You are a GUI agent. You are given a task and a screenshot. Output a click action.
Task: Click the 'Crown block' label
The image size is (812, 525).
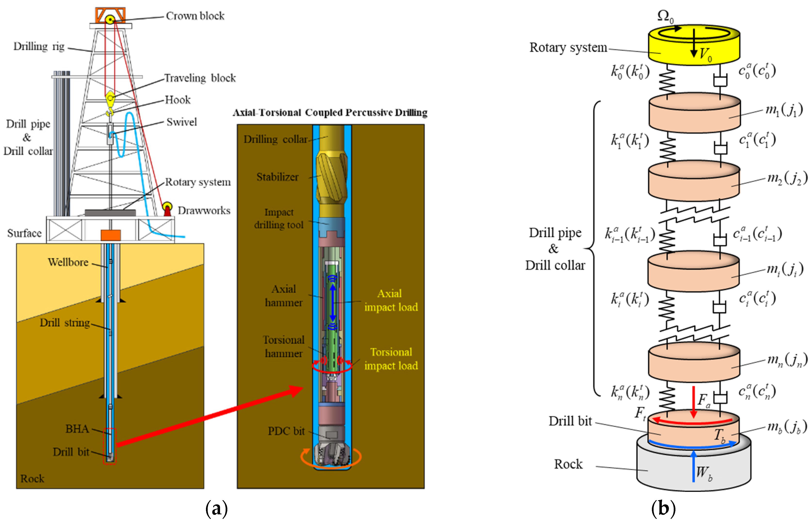click(x=195, y=16)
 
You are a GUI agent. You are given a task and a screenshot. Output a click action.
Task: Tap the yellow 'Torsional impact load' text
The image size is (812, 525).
click(x=391, y=359)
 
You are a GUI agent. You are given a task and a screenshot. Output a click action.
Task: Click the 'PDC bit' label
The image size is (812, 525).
click(x=286, y=431)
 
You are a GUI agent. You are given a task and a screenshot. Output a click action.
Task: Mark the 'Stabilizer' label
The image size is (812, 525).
click(x=277, y=177)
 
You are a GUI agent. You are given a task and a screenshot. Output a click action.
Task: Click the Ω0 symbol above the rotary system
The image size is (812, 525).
click(x=665, y=16)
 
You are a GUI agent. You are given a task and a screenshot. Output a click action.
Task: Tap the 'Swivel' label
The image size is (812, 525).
click(x=181, y=122)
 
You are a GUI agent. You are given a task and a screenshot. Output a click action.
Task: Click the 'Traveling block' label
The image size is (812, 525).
click(x=200, y=78)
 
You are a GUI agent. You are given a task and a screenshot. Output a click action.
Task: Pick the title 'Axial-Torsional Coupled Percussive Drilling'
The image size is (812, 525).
click(x=330, y=113)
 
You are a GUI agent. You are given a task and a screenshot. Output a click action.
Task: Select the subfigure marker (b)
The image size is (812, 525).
click(x=663, y=509)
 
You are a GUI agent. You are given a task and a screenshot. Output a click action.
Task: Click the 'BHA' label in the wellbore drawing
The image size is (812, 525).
click(x=77, y=428)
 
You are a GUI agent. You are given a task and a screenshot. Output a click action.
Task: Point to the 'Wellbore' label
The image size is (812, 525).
click(x=68, y=262)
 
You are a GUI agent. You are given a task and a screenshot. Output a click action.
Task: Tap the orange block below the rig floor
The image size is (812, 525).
click(x=110, y=235)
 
